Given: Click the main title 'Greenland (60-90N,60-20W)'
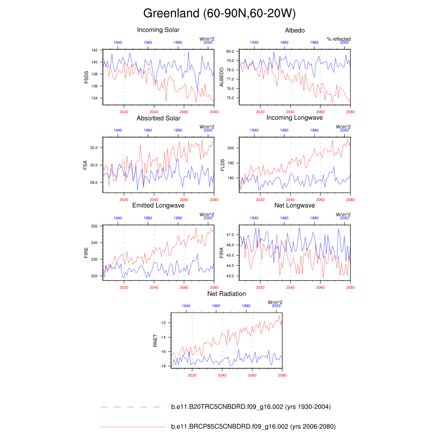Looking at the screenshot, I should (x=219, y=14).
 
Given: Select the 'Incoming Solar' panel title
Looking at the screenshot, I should (x=158, y=30).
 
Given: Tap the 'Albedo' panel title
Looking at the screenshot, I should (x=295, y=30).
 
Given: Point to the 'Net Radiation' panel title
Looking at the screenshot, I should (x=226, y=294).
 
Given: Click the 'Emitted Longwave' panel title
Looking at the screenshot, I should (x=158, y=205).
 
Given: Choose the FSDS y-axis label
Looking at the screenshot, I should (x=87, y=77).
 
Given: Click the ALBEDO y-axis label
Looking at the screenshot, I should (x=222, y=77).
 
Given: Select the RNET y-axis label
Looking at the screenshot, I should (x=156, y=340).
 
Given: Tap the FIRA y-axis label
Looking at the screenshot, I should (x=222, y=252).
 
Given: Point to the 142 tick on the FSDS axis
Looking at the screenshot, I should (x=94, y=50).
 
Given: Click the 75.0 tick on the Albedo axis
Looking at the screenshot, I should (x=230, y=98).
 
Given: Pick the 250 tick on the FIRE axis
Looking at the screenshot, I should (x=94, y=226).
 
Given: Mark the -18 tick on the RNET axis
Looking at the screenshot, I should (x=163, y=366).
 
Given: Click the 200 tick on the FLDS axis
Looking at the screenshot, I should (x=231, y=148).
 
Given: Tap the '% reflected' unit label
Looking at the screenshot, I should (x=339, y=39).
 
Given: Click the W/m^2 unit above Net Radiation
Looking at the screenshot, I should (x=275, y=302).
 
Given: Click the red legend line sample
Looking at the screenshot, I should (x=133, y=427).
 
